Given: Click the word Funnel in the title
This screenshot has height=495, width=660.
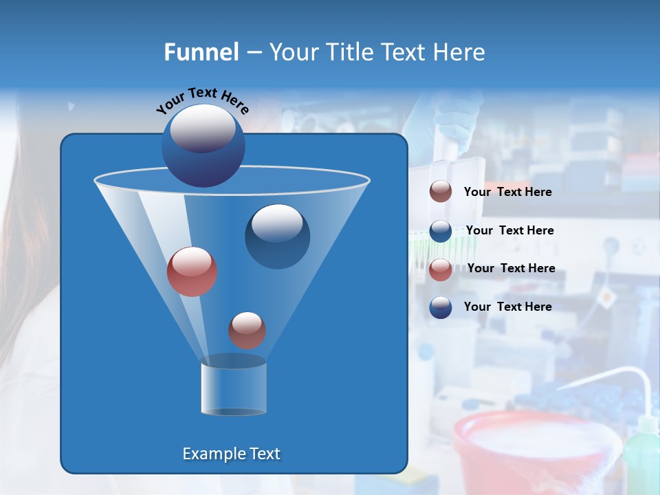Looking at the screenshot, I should (x=201, y=52).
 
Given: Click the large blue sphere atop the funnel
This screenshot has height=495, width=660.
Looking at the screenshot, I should (x=203, y=145).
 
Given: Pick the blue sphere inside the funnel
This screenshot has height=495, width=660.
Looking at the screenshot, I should (x=277, y=236).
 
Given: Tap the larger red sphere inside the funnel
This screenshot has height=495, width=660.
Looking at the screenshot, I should (x=192, y=272).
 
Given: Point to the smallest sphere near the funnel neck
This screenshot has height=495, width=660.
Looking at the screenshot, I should (x=247, y=330).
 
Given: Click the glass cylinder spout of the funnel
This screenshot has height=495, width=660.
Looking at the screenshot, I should (x=233, y=386).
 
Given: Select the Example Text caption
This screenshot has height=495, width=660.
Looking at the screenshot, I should (x=231, y=454).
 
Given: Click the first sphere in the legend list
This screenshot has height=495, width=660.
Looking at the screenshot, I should (x=441, y=192).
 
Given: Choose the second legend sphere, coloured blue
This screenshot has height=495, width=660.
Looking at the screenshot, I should (x=441, y=230).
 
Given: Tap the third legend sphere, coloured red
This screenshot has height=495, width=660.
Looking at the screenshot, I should (x=441, y=269).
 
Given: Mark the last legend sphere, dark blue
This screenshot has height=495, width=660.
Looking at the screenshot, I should (x=441, y=307).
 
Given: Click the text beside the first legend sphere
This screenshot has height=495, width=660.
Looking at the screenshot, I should (x=507, y=192).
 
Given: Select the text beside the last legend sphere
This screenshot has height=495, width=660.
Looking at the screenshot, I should (x=507, y=307).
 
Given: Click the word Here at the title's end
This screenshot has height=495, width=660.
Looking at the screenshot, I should (x=459, y=52).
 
